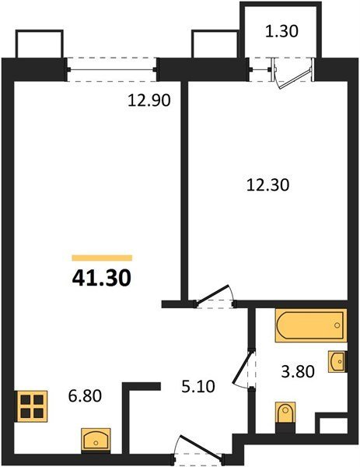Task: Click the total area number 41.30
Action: [x=101, y=278]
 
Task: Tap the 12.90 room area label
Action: [x=149, y=100]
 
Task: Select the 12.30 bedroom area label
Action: [x=267, y=184]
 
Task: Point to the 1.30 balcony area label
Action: [x=281, y=31]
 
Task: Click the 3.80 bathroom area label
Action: [x=298, y=372]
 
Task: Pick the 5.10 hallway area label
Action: [x=198, y=387]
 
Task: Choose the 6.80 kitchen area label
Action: [x=85, y=396]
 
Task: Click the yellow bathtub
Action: [x=310, y=325]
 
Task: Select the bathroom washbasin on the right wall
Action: [x=337, y=362]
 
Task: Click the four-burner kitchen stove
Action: [x=32, y=406]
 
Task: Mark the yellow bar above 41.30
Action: [x=102, y=258]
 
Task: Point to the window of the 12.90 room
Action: [x=112, y=70]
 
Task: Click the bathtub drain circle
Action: [x=337, y=325]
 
